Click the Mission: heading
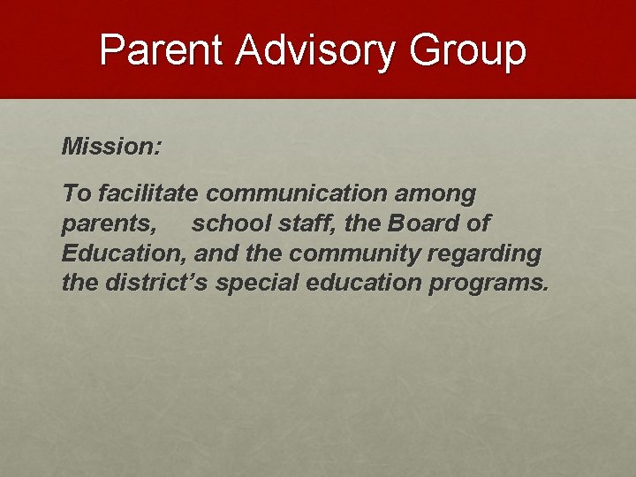(111, 147)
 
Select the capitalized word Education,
(125, 254)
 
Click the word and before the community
(215, 254)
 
